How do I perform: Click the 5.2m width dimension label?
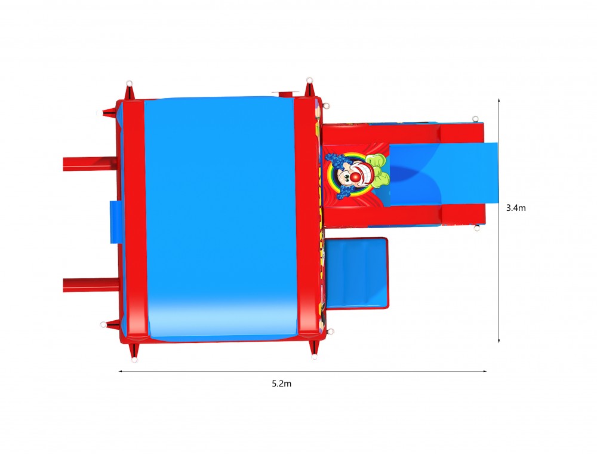281,384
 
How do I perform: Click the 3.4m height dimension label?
516,207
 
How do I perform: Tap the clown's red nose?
355,177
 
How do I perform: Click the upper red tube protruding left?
90,164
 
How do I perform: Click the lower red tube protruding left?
90,285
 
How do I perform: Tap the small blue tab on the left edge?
115,222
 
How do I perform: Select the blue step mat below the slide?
356,273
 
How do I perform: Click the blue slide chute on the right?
444,174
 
